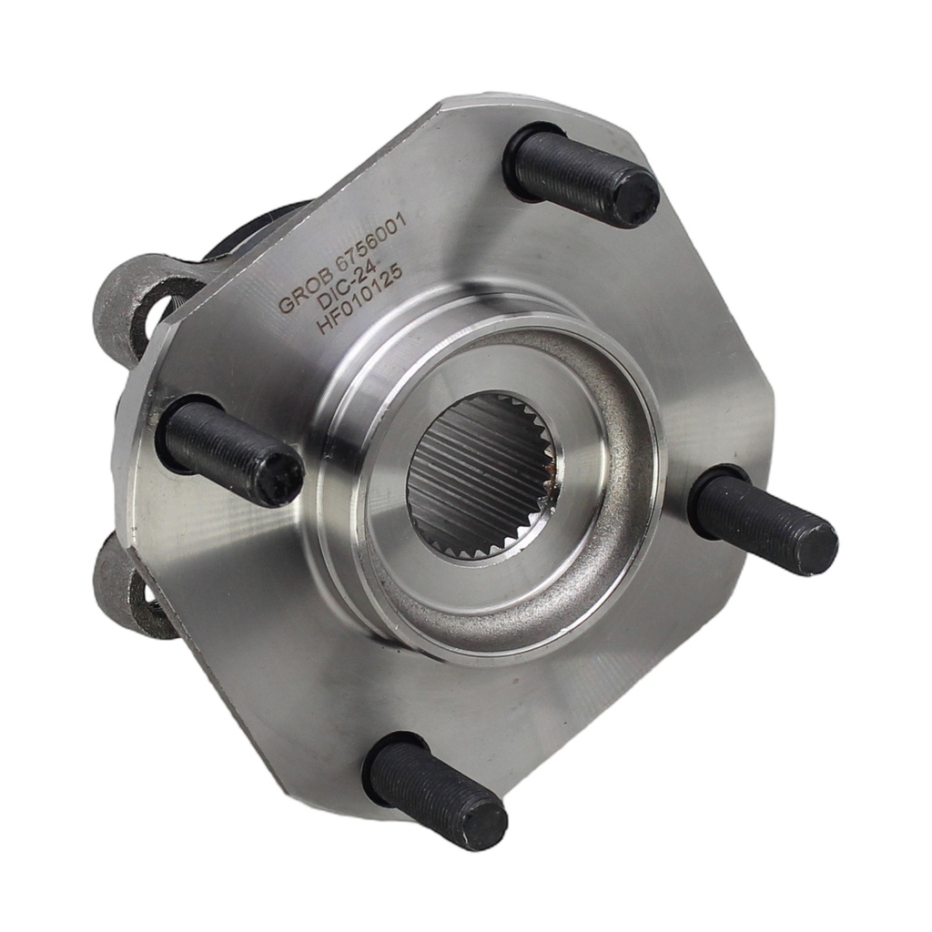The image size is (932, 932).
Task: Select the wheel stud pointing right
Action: tap(764, 517)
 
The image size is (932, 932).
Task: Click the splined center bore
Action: tap(485, 475)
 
